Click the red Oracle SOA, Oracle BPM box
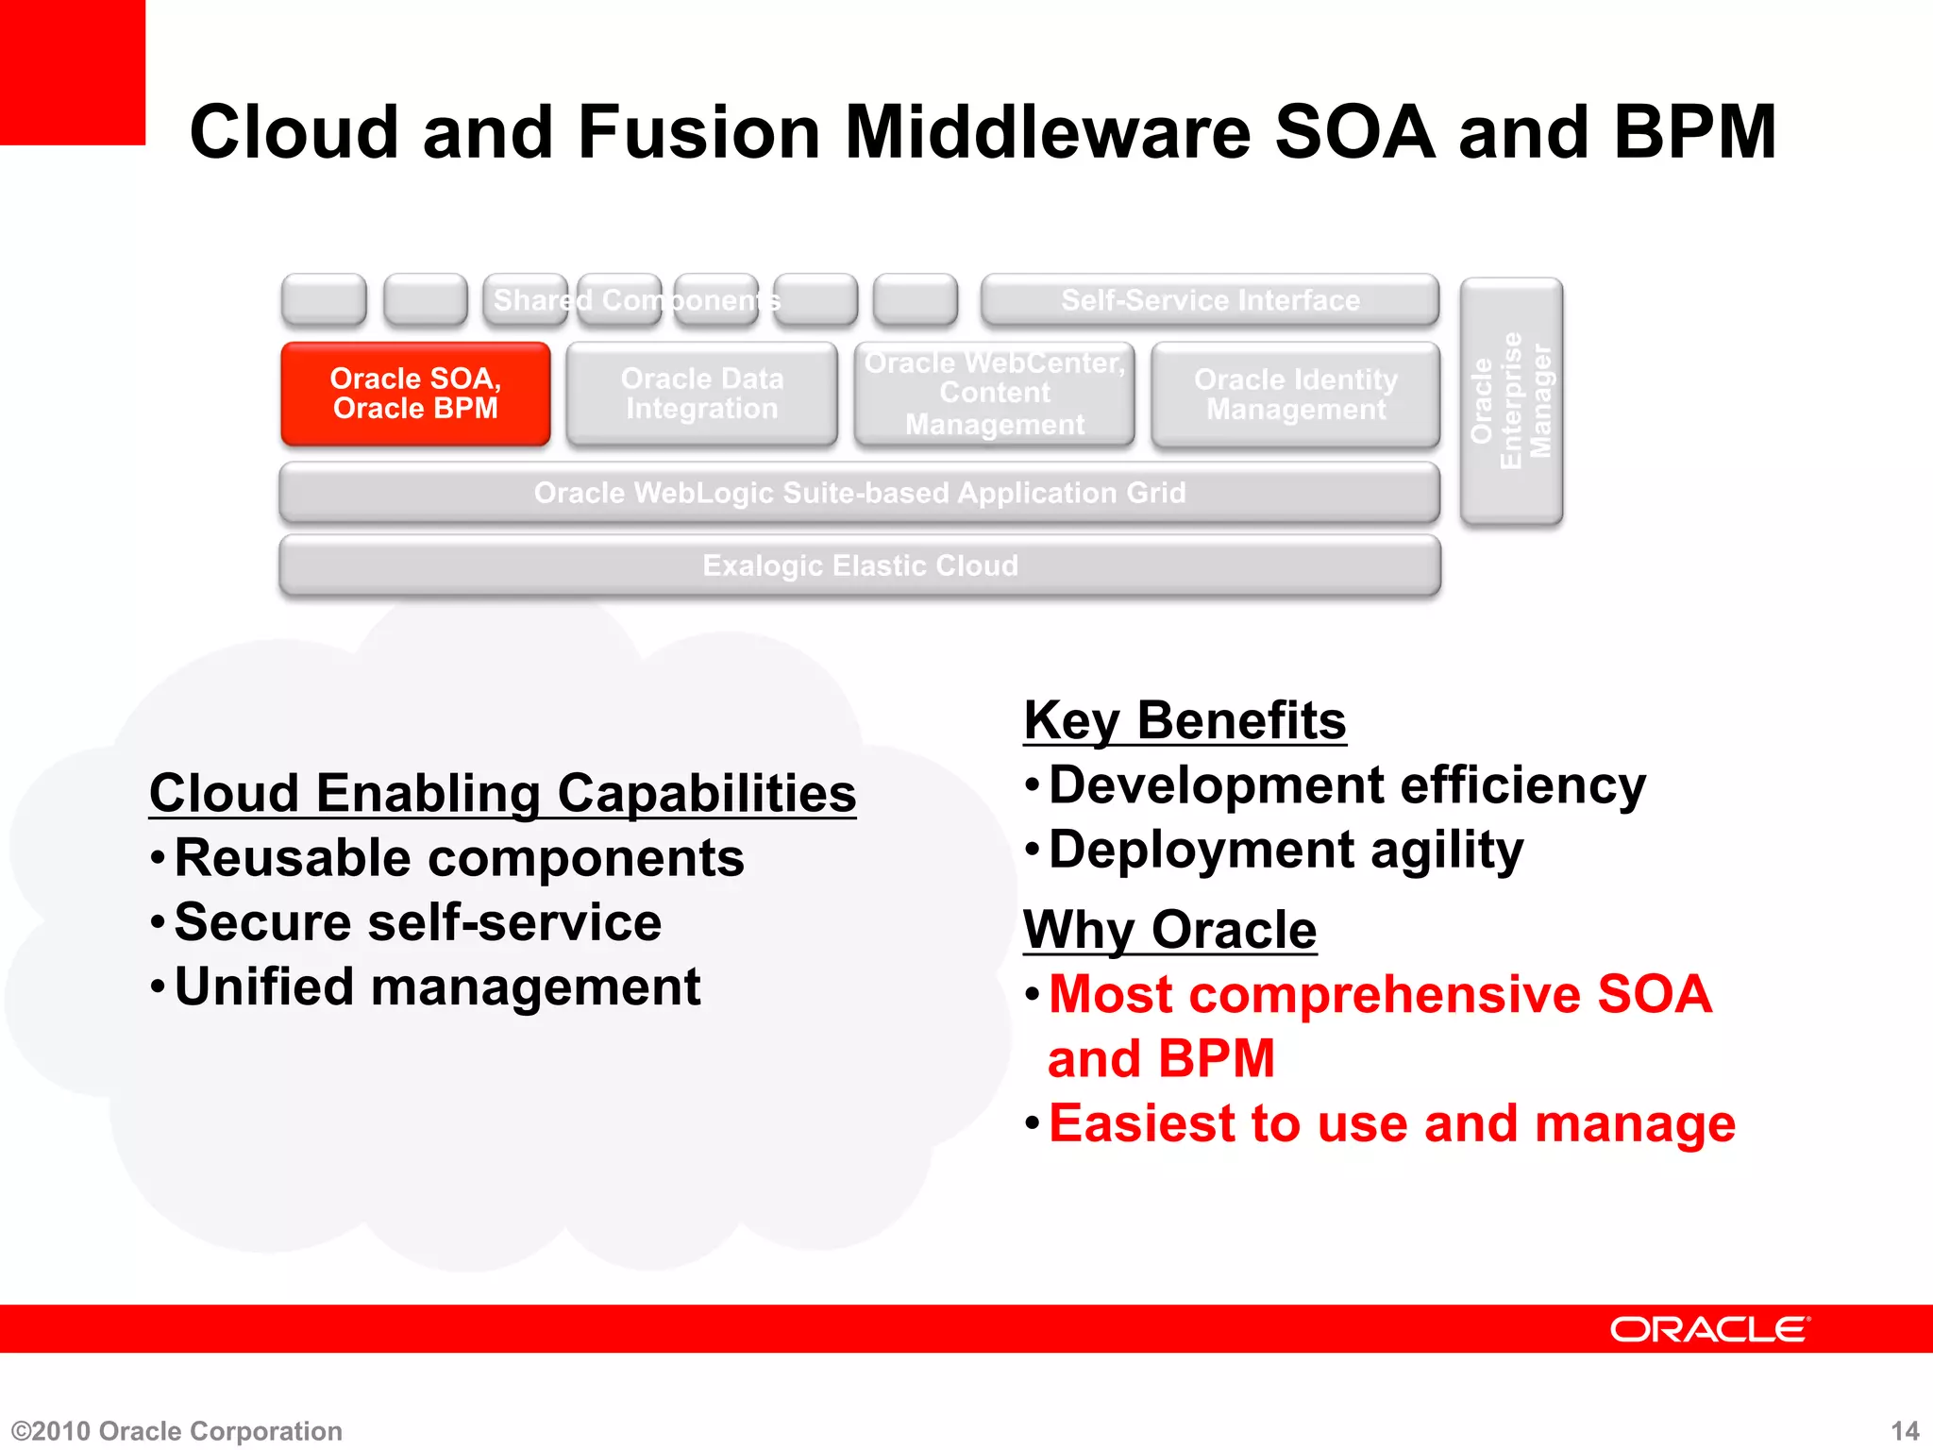coord(415,394)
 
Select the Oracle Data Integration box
coord(701,394)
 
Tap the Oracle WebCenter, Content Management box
coord(994,394)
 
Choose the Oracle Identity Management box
coord(1295,395)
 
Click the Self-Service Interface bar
coord(1210,300)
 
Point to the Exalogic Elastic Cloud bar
coord(860,565)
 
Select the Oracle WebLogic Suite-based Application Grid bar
coord(860,493)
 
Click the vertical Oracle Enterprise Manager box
coord(1511,400)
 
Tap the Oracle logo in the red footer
coord(1709,1329)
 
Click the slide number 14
coord(1905,1431)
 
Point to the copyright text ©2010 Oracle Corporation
coord(177,1431)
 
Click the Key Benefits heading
coord(1185,721)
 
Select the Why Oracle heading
coord(1169,930)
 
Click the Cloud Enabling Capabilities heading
coord(502,793)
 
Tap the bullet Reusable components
coord(459,858)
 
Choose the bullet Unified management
coord(437,987)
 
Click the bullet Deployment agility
coord(1286,850)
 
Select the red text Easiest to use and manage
coord(1391,1123)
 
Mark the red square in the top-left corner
coord(72,72)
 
